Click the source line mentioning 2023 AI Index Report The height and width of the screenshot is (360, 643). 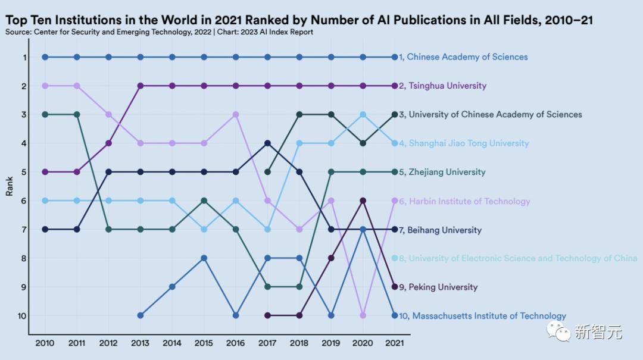pos(159,32)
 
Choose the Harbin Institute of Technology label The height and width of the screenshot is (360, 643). pos(464,201)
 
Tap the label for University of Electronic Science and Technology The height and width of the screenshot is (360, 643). pos(517,258)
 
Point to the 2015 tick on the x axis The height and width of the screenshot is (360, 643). pos(204,343)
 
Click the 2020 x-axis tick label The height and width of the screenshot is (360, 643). pos(363,343)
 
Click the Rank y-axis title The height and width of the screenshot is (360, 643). pos(10,186)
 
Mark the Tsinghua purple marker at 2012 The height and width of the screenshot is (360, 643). pos(108,143)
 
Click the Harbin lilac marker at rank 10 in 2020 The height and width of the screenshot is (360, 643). pos(363,315)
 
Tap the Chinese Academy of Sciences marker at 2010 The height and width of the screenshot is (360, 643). pos(45,57)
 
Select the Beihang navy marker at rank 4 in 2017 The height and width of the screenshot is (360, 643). pos(267,143)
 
